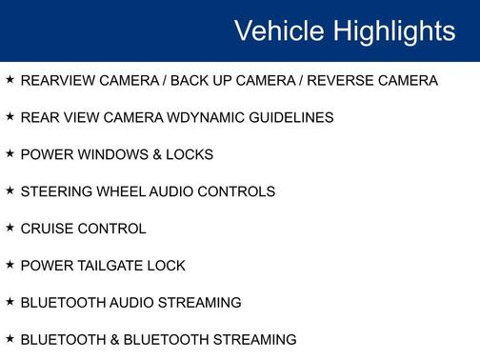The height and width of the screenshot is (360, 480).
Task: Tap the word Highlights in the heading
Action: tap(393, 30)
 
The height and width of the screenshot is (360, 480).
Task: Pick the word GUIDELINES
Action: tap(290, 118)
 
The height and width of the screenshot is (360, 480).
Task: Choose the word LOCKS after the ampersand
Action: tap(190, 154)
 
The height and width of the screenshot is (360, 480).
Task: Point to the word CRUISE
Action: tap(46, 229)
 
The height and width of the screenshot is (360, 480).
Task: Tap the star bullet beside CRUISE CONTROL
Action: tap(10, 228)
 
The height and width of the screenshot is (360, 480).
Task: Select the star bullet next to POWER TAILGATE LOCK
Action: tap(10, 265)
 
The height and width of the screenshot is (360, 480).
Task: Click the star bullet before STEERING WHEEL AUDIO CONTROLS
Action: tap(10, 190)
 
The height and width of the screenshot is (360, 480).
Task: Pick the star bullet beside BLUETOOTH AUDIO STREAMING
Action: tap(10, 301)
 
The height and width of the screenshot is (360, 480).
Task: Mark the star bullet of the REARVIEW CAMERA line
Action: tap(10, 80)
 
